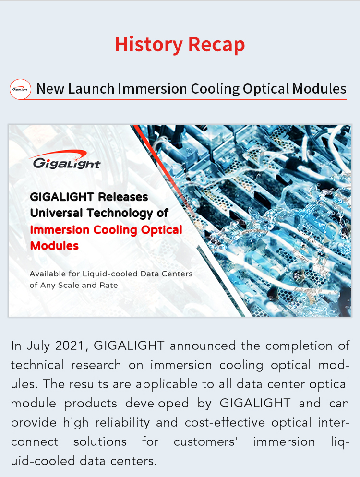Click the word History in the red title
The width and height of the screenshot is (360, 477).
(x=148, y=45)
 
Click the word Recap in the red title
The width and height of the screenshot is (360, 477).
(x=216, y=45)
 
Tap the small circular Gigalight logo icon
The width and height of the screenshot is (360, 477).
(x=20, y=89)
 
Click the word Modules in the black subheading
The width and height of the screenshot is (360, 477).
(x=319, y=89)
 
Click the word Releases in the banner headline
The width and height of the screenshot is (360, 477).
(x=123, y=197)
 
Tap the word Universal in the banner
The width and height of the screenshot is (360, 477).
(x=56, y=213)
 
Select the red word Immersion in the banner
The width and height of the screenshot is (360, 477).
(x=60, y=230)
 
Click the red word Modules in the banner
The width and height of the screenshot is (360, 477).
(x=54, y=246)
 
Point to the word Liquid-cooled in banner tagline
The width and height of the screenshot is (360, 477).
(x=110, y=274)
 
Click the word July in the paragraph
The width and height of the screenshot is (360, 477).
(x=38, y=346)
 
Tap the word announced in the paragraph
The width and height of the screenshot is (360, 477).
(x=203, y=346)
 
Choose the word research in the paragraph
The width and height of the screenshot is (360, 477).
(x=96, y=365)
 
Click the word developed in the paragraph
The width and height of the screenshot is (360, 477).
(x=157, y=404)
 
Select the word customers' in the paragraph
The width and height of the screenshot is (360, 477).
(x=205, y=441)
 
